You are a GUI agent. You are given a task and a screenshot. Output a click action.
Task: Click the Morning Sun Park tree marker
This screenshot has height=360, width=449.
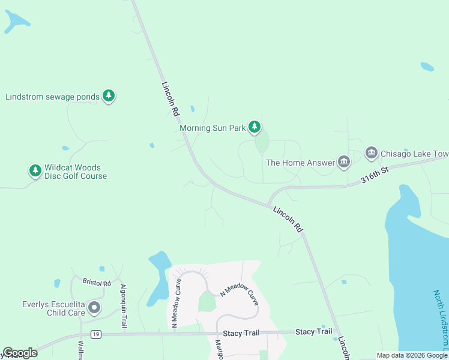(255, 126)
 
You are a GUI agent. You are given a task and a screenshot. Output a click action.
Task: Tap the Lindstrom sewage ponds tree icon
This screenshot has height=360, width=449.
(109, 95)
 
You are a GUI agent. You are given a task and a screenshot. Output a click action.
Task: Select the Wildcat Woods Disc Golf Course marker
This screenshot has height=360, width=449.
(35, 171)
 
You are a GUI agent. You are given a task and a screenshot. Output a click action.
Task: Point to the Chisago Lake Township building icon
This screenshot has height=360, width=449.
(371, 154)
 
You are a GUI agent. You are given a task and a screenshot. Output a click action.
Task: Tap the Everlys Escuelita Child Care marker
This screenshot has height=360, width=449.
(94, 308)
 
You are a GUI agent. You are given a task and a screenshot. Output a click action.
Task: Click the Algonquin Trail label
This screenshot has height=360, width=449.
(124, 306)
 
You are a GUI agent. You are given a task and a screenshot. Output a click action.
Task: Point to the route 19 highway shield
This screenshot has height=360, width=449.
(95, 334)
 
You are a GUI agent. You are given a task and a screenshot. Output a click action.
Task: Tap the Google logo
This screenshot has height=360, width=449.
(20, 353)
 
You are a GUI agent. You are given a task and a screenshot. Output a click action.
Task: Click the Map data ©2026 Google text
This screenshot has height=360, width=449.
(412, 355)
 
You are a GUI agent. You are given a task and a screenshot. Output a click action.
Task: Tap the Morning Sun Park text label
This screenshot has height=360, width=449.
(212, 128)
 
